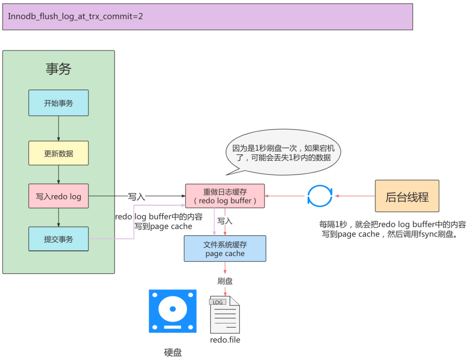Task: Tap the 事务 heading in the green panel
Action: [x=58, y=70]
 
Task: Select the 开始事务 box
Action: [x=58, y=103]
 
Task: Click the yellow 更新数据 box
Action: [x=58, y=153]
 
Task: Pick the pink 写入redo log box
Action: [x=58, y=196]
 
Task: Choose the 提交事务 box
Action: [x=58, y=239]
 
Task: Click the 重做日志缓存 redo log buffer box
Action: [x=225, y=196]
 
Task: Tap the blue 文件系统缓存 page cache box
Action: [x=225, y=249]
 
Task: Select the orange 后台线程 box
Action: [x=407, y=196]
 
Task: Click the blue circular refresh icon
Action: [x=320, y=196]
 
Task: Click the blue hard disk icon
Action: [x=173, y=311]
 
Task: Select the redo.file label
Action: [x=225, y=340]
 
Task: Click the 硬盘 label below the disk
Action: [x=173, y=353]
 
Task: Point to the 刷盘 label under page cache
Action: [x=225, y=281]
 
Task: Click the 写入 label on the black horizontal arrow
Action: [x=137, y=196]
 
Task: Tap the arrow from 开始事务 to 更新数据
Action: [x=58, y=128]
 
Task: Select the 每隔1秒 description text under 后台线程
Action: [x=392, y=229]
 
